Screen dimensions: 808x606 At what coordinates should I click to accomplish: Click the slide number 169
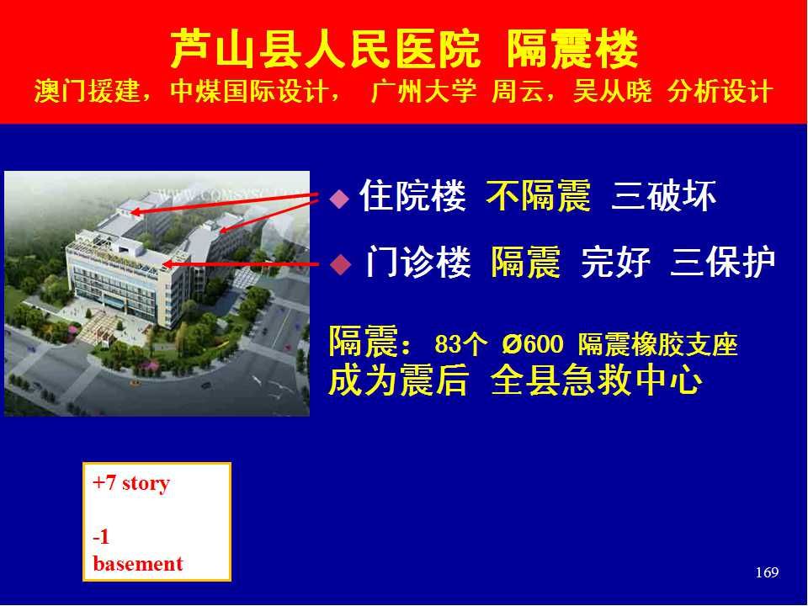767,572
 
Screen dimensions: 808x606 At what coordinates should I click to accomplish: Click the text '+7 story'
131,483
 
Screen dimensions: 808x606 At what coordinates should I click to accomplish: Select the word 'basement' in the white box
138,563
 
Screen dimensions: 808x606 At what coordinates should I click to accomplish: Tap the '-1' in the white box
101,537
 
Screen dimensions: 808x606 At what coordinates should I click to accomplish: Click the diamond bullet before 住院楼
339,199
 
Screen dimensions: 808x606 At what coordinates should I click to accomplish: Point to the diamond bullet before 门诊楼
340,265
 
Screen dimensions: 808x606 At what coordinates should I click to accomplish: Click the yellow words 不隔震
538,196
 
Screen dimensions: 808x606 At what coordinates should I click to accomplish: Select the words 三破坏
664,196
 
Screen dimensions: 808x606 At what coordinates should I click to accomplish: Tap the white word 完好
615,263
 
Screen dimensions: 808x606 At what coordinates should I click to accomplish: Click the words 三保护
723,263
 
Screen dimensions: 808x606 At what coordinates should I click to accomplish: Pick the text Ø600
532,344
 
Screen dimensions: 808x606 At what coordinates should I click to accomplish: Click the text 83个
460,344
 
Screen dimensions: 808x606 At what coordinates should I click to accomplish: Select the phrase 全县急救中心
596,380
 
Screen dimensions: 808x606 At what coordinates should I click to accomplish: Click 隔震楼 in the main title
572,50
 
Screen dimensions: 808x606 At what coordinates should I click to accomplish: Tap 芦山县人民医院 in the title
325,50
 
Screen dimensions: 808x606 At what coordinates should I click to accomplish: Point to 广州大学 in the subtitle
423,92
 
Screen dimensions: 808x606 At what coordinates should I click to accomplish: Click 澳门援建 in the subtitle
87,92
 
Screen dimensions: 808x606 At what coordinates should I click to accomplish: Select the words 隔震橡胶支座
657,344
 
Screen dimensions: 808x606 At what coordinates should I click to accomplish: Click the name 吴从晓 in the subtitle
612,92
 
